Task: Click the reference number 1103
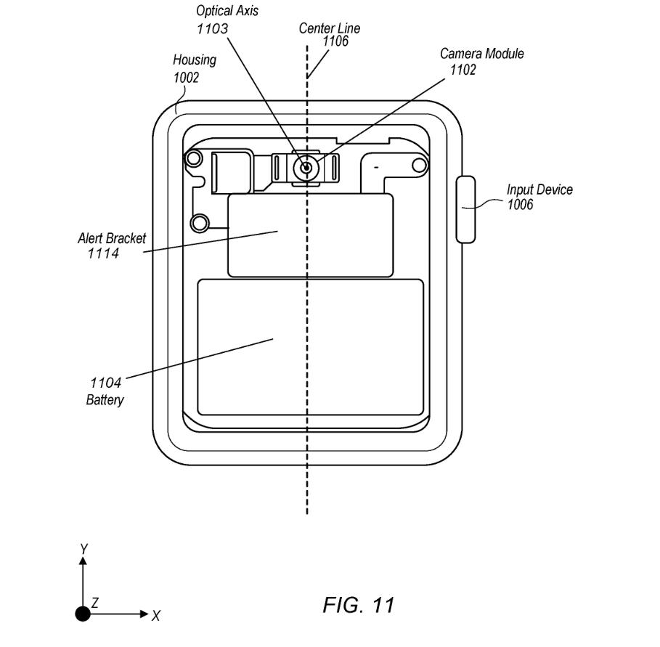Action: click(x=213, y=28)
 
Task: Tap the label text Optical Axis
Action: click(x=227, y=10)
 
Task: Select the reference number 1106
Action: click(x=335, y=41)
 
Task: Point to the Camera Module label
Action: click(x=482, y=54)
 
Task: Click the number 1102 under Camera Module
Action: click(x=463, y=70)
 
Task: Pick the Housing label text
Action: click(x=195, y=60)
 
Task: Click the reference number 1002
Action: click(x=186, y=78)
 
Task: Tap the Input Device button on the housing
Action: click(x=466, y=209)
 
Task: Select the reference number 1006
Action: click(x=521, y=205)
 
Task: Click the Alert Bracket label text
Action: click(x=112, y=238)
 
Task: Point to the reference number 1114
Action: click(x=103, y=253)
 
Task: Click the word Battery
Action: click(x=105, y=399)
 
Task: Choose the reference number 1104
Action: click(x=105, y=383)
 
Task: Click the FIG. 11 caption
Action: click(x=359, y=606)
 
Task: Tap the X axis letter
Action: click(x=156, y=616)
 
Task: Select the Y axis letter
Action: click(x=83, y=549)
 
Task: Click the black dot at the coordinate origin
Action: click(x=83, y=614)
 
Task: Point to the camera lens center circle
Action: click(x=306, y=168)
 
